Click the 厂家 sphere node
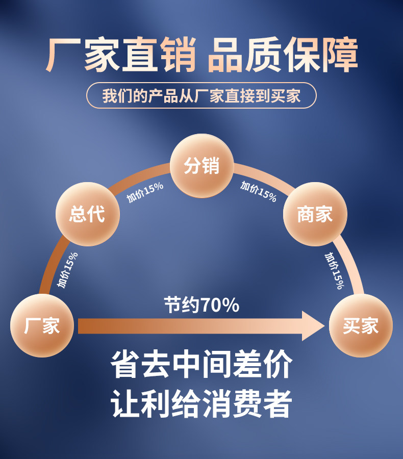point(42,325)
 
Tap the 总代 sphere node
point(87,214)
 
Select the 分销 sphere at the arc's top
point(202,166)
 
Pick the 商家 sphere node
point(315,214)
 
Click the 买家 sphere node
point(360,325)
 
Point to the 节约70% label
point(202,305)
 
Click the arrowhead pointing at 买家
point(313,326)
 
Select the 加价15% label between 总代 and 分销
point(145,192)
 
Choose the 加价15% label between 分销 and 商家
point(259,192)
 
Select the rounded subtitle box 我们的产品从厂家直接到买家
point(202,95)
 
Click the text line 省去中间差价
point(202,364)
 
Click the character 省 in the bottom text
point(126,364)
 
